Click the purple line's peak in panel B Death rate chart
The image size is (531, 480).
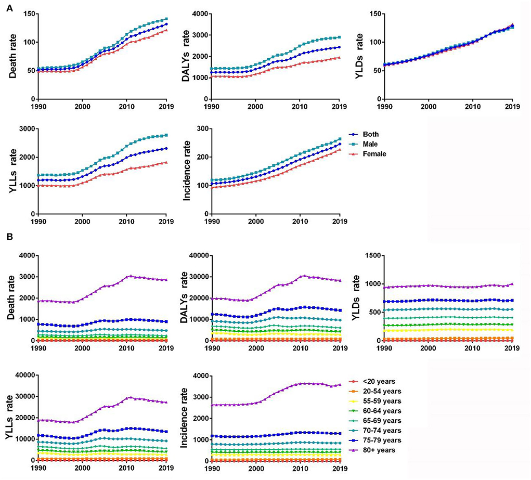coord(131,276)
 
